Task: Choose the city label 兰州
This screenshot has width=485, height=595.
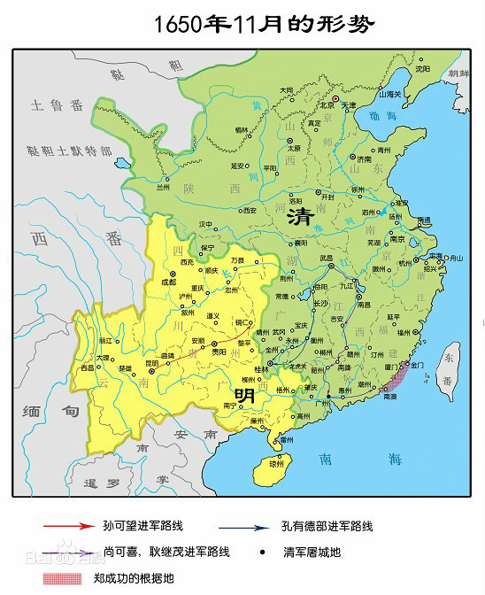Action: pos(162,187)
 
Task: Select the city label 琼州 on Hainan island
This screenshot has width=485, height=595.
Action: pos(277,463)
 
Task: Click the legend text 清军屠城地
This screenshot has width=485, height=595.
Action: pos(312,552)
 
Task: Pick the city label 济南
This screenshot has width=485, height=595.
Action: pos(365,159)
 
